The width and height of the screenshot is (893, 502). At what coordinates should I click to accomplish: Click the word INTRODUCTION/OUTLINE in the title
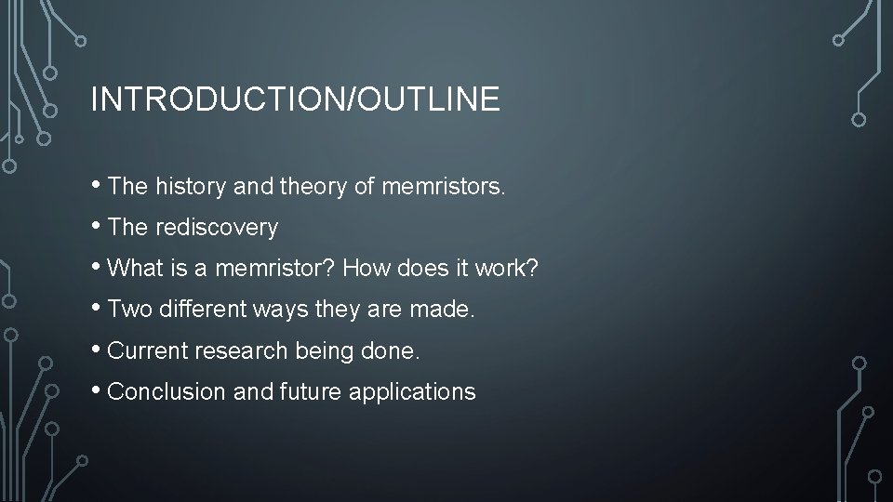coord(295,99)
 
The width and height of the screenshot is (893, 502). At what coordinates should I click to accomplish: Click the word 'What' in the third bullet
coord(135,269)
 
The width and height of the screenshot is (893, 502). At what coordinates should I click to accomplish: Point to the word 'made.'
coord(444,310)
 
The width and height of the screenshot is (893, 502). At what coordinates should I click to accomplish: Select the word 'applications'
coord(412,392)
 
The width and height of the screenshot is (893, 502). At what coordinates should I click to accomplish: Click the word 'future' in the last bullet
coord(311,392)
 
